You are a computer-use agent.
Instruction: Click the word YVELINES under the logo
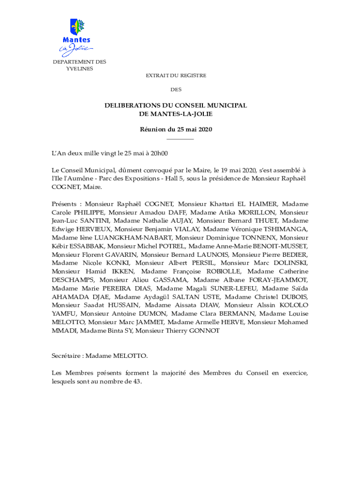[79, 68]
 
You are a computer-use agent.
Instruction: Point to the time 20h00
[158, 153]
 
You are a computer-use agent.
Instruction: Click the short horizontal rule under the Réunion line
[180, 139]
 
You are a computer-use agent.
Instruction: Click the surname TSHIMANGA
[285, 229]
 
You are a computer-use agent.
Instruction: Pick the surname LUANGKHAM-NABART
[123, 238]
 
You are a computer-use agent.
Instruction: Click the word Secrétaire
[67, 356]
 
